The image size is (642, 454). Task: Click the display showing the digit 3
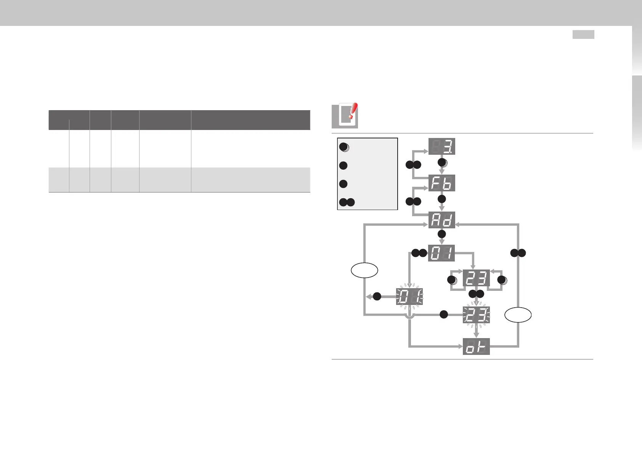(441, 146)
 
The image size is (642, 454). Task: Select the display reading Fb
(441, 183)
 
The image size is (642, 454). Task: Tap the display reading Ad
(441, 220)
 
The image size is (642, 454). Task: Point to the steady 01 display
(441, 253)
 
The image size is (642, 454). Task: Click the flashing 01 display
(409, 297)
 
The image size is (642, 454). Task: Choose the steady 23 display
(476, 278)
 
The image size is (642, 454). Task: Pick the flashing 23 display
(476, 315)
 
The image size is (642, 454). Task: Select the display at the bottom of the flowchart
(476, 347)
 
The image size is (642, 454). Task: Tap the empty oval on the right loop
(518, 315)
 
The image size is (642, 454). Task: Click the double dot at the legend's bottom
(347, 202)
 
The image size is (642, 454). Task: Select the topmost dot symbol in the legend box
(343, 148)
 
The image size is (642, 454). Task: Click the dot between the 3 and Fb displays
(442, 163)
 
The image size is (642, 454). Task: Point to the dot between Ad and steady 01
(442, 234)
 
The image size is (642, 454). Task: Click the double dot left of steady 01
(419, 253)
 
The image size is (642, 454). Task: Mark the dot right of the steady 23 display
(502, 280)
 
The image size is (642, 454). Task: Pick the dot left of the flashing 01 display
(377, 297)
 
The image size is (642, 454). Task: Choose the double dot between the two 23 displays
(476, 294)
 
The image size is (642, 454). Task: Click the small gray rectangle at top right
(583, 35)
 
